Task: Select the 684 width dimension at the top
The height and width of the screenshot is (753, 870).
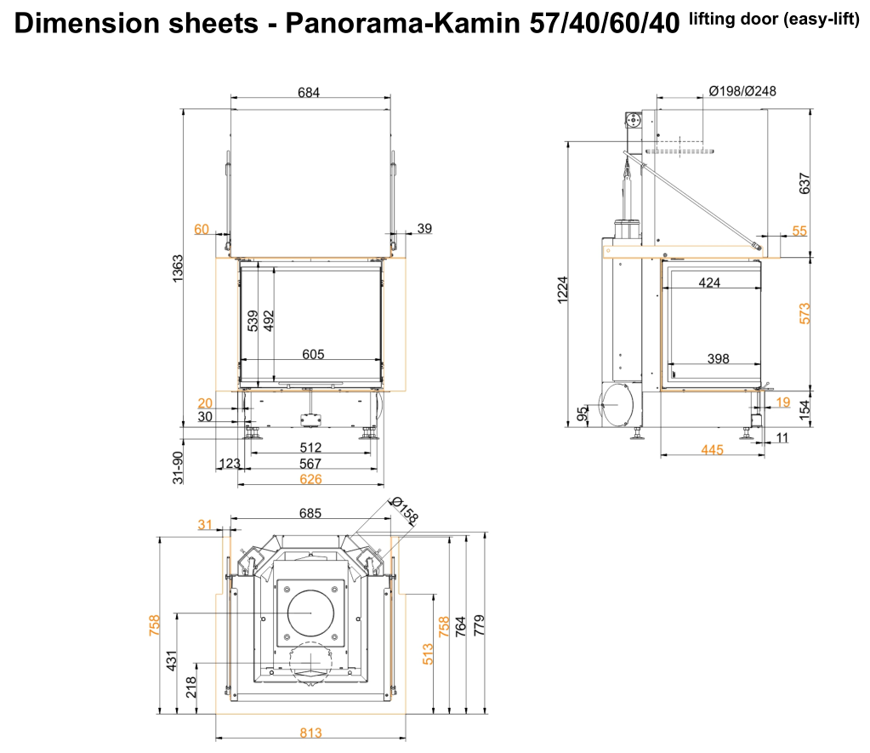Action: pos(309,92)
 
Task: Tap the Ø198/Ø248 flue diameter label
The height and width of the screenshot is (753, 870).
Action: pos(742,91)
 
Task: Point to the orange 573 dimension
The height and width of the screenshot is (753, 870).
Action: pos(805,312)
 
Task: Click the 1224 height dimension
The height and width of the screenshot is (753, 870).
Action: pos(562,292)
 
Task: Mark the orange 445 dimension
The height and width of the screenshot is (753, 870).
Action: pos(712,449)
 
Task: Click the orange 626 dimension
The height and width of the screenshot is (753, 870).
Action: pos(310,479)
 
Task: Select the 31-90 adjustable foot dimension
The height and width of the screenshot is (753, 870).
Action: pos(179,468)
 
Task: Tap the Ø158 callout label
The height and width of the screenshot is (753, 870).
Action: pos(405,511)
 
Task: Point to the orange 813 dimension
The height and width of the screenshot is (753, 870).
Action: pos(310,733)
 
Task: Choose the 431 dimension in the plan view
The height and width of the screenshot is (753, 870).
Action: pos(169,660)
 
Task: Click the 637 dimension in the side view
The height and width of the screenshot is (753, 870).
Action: pos(805,184)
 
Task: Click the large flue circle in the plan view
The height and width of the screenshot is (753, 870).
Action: pos(310,613)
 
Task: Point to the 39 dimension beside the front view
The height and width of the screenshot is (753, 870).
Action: pos(424,228)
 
